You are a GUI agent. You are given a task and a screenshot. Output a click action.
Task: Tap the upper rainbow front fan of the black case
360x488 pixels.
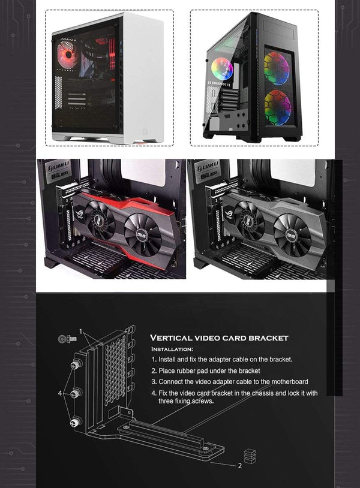point(276,69)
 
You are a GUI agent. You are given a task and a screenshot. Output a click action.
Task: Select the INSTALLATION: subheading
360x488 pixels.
point(172,349)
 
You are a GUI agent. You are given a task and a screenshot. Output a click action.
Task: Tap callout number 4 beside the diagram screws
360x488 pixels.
point(59,393)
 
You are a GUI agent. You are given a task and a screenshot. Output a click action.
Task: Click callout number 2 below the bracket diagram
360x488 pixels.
point(239,465)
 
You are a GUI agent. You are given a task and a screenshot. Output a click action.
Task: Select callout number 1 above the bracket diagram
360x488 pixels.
point(81,332)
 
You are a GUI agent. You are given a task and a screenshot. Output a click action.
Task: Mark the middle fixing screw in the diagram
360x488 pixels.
point(76,394)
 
